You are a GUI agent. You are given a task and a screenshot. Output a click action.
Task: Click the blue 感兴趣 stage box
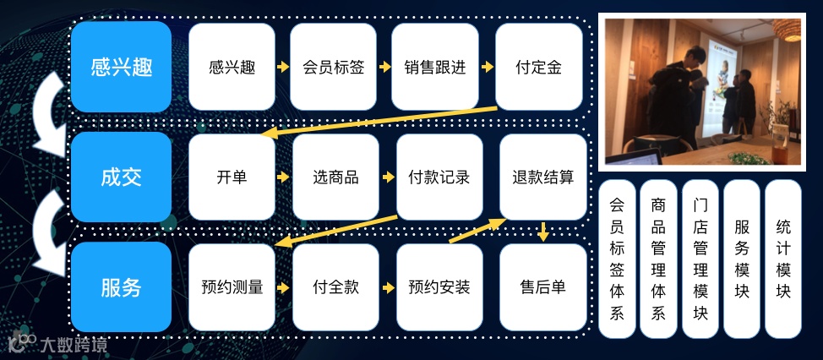click(x=121, y=67)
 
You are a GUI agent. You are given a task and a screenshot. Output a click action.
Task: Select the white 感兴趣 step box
click(x=232, y=67)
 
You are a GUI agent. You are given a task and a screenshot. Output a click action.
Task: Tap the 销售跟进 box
click(x=435, y=67)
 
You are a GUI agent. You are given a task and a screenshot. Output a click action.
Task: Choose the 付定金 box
click(x=539, y=67)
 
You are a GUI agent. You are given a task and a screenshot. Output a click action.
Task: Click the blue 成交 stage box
click(x=121, y=177)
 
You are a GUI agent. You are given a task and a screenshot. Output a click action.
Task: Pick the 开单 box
click(x=232, y=177)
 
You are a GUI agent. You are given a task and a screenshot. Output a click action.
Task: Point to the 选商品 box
click(x=335, y=177)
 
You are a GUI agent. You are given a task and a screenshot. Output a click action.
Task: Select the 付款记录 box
click(x=439, y=177)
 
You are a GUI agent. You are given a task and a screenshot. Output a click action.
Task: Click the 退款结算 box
click(x=542, y=177)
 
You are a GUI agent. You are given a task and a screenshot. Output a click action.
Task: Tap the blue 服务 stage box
click(x=121, y=287)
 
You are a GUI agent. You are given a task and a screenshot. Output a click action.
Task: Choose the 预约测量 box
click(x=232, y=287)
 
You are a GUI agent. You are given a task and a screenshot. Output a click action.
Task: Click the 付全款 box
click(x=335, y=287)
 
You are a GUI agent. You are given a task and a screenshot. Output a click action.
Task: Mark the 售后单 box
click(x=542, y=287)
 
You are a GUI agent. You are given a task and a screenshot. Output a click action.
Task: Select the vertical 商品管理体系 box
click(x=658, y=259)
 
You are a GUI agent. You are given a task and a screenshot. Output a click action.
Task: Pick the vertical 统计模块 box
click(x=782, y=259)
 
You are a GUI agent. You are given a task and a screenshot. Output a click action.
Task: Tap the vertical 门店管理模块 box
click(x=700, y=259)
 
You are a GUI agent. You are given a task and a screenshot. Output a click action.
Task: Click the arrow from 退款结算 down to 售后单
click(x=543, y=231)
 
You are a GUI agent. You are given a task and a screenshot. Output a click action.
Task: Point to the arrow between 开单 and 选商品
click(x=284, y=177)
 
